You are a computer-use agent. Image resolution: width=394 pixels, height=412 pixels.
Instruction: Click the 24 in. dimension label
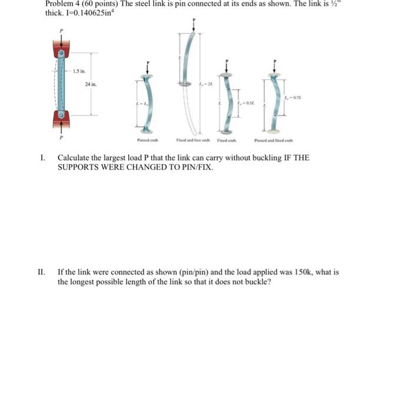point(90,84)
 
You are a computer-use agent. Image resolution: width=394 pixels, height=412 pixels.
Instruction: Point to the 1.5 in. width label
point(80,71)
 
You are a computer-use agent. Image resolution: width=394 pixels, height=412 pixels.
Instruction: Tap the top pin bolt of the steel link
point(61,53)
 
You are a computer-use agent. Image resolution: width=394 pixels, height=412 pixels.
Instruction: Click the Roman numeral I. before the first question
point(42,158)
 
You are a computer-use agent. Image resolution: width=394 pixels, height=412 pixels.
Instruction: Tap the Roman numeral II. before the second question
point(41,273)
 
